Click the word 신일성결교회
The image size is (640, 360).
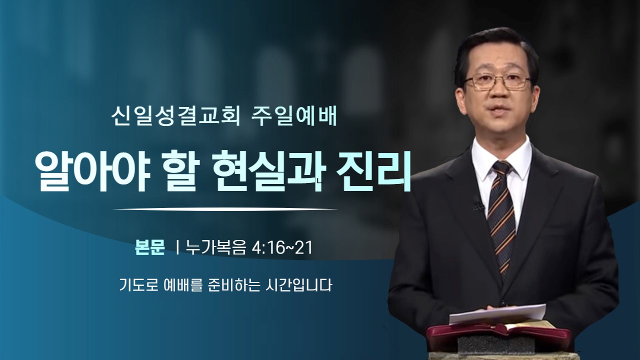tap(175, 117)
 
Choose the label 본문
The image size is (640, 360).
tap(149, 247)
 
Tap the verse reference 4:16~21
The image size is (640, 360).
tap(282, 247)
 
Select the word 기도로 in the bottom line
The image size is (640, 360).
tap(138, 285)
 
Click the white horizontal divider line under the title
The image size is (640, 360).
tap(225, 209)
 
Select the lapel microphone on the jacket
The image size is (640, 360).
tap(477, 203)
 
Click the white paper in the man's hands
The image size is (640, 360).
tap(497, 313)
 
